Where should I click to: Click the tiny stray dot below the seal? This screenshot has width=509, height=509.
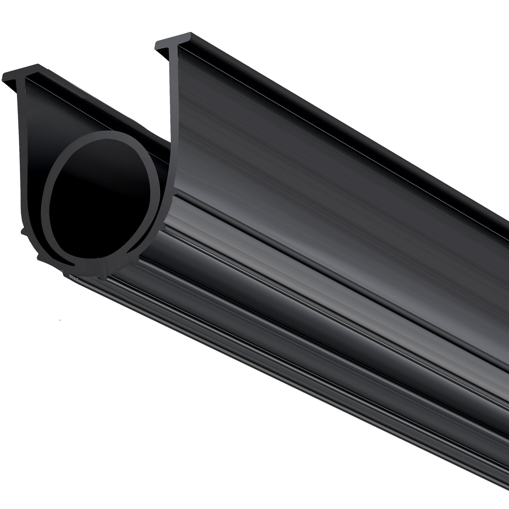[60, 318]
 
